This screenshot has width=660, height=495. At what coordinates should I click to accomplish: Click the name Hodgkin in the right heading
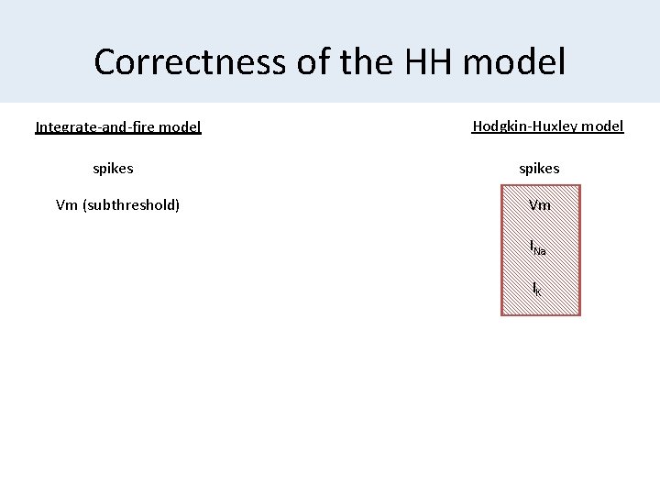tap(498, 126)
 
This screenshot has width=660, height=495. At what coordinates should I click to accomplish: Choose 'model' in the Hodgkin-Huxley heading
tap(603, 126)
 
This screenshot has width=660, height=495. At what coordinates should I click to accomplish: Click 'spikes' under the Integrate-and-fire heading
tap(113, 169)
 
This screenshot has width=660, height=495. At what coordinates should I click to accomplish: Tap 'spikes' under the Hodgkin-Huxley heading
tap(539, 169)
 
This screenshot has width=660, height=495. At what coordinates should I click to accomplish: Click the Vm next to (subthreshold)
tap(67, 204)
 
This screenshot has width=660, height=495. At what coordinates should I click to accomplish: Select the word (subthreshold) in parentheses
tap(130, 204)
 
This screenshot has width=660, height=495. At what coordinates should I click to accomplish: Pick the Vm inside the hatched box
tap(540, 205)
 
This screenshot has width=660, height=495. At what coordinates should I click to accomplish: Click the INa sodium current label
tap(538, 247)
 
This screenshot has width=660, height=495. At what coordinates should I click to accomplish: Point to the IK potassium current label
tap(537, 289)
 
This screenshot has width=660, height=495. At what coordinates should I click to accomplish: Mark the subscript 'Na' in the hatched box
tap(541, 250)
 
